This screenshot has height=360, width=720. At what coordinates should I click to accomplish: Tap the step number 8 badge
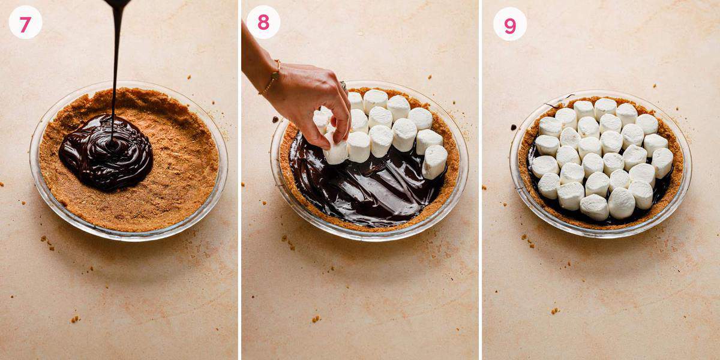coord(263,23)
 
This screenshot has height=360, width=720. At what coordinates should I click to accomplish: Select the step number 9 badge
coord(509,24)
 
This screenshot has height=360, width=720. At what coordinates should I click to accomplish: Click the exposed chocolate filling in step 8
coord(360,192)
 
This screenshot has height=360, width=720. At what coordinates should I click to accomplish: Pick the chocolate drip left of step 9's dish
coord(514,127)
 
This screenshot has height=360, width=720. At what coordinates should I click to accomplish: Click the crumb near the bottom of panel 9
coord(555,310)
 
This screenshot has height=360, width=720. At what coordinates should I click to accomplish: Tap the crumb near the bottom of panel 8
coord(316,319)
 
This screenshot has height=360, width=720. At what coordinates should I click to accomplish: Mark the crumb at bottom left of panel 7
coord(74,319)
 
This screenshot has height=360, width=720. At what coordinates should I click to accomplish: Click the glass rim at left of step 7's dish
coord(32,162)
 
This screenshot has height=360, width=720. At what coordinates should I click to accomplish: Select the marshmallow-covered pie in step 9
coord(600,159)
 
